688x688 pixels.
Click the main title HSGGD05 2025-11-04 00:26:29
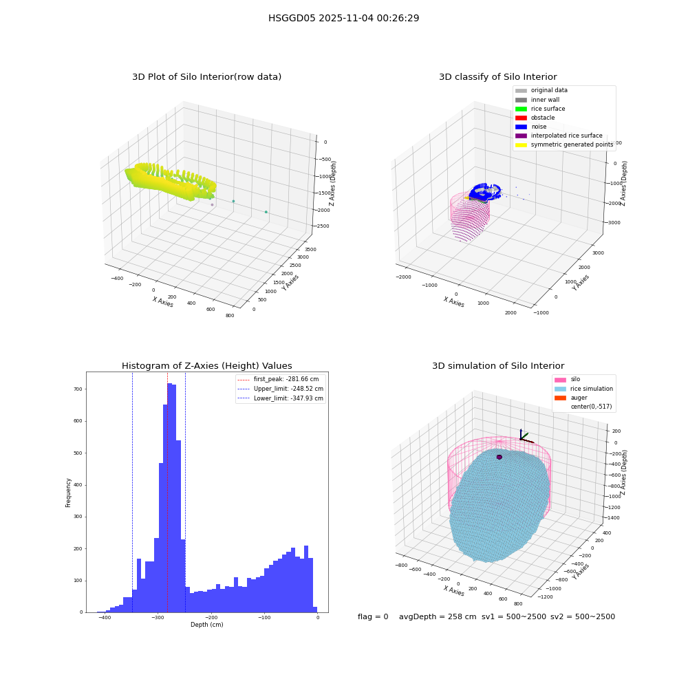click(343, 18)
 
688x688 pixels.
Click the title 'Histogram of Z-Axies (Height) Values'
click(206, 366)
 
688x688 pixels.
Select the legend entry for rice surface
click(540, 109)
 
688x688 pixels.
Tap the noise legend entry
click(531, 127)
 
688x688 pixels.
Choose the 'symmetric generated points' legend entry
click(564, 144)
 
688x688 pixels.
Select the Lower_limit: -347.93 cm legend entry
click(281, 398)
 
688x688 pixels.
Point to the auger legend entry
click(571, 398)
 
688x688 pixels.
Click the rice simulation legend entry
click(583, 389)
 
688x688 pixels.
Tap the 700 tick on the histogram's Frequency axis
click(78, 389)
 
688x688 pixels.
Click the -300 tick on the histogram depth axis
click(158, 617)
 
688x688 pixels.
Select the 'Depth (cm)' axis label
click(206, 625)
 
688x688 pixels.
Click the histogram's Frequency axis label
click(68, 493)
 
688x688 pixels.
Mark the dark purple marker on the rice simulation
click(499, 458)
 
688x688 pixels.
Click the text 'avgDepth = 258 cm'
click(438, 616)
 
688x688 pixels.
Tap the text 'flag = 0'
click(373, 616)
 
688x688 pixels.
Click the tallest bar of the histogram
click(170, 497)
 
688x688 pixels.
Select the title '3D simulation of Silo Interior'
click(498, 366)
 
